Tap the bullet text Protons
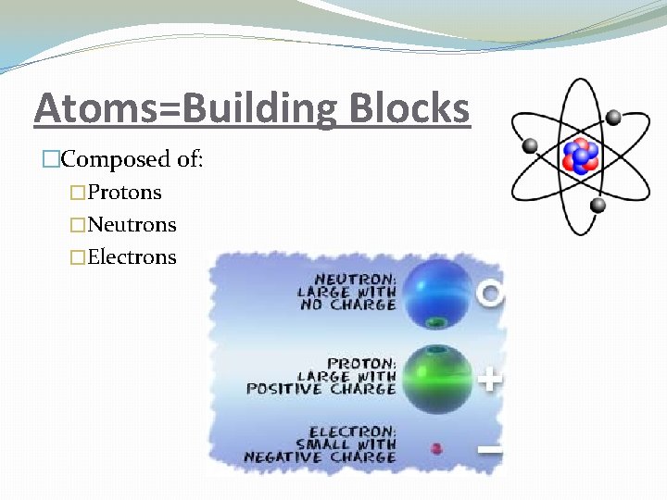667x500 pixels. (124, 193)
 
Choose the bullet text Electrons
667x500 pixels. (132, 257)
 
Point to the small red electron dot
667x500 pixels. (436, 449)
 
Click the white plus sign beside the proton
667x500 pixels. (491, 379)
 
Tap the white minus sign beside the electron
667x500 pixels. (490, 451)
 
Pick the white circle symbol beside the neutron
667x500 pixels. (491, 294)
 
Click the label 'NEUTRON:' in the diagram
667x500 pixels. (356, 278)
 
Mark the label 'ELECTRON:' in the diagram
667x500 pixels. (353, 431)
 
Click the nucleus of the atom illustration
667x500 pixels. (580, 156)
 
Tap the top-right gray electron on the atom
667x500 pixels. (612, 118)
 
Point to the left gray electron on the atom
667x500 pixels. (531, 145)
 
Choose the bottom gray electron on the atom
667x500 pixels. (598, 205)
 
